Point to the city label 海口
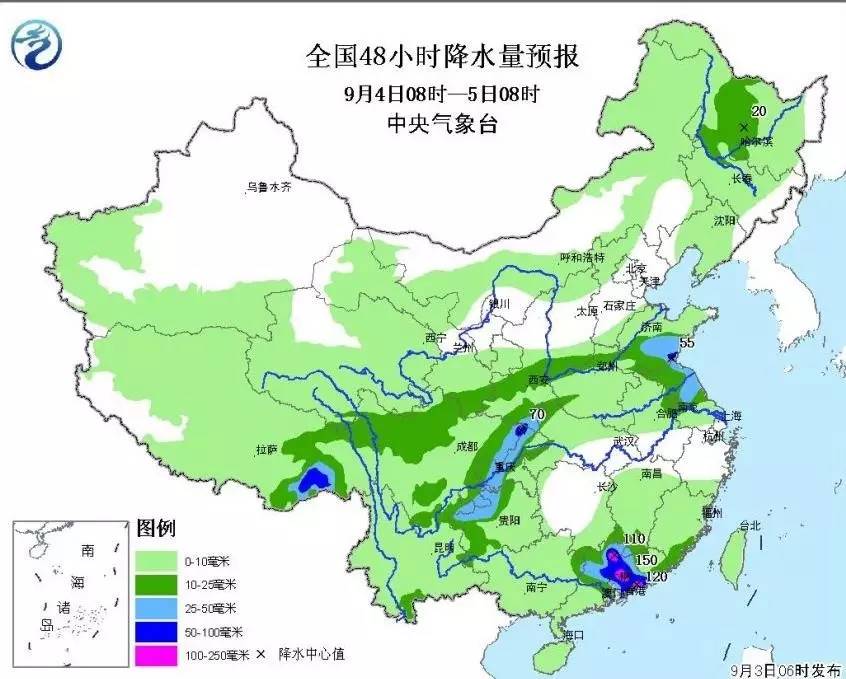572,635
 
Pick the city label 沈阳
723,219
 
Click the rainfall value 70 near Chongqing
536,412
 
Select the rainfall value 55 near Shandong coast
687,343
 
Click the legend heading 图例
151,527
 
